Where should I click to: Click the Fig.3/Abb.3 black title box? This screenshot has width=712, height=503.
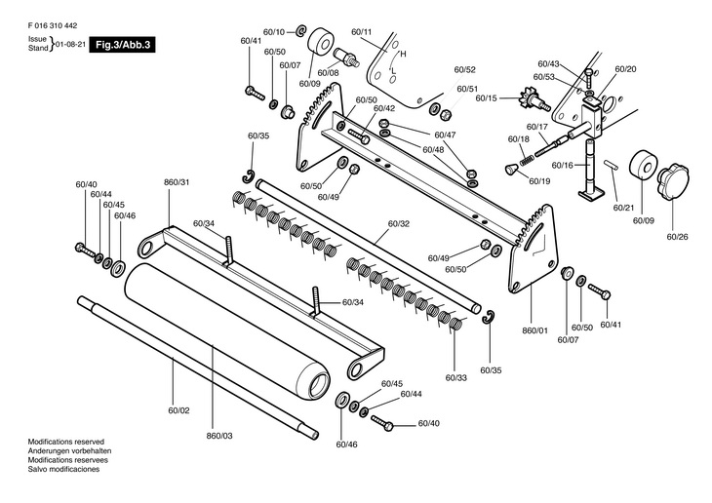point(122,45)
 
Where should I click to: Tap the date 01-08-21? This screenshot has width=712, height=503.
point(70,45)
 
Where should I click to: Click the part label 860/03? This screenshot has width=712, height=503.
point(219,436)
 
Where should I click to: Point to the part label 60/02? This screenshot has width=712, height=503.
point(178,410)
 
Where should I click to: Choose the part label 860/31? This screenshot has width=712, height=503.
point(177,182)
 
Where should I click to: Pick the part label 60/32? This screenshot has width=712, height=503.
point(398,223)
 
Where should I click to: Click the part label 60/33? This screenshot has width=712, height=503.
point(455,377)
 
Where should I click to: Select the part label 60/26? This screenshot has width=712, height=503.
point(677,237)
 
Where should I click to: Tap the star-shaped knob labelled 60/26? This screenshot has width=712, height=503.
point(672,182)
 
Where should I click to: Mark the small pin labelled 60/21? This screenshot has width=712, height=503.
point(611,165)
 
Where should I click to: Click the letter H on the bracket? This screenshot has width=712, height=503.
point(403,54)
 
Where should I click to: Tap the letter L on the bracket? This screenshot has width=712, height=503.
point(394,70)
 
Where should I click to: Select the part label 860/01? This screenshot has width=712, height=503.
point(534,330)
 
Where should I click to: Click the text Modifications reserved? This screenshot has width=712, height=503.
point(66,442)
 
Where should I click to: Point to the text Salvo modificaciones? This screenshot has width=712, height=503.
point(63,469)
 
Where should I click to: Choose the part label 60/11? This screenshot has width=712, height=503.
point(362,32)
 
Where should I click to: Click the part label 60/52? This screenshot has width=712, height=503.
point(464,69)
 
